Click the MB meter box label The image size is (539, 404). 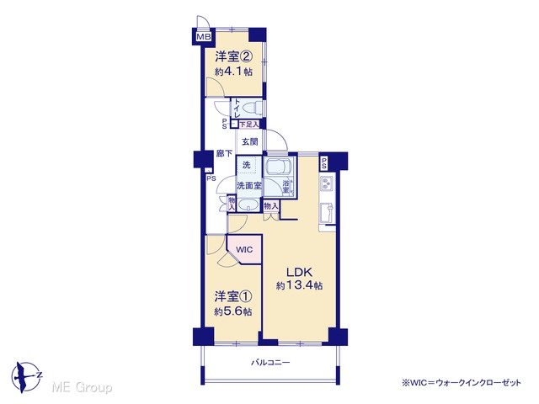pyautogui.click(x=204, y=36)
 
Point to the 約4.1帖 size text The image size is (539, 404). pyautogui.click(x=234, y=72)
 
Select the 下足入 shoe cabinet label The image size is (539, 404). pyautogui.click(x=249, y=125)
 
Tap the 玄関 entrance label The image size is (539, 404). pyautogui.click(x=250, y=141)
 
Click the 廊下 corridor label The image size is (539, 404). pyautogui.click(x=225, y=153)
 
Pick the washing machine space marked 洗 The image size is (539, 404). pyautogui.click(x=247, y=165)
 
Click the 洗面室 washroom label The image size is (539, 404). pyautogui.click(x=249, y=186)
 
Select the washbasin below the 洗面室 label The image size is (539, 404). pyautogui.click(x=248, y=205)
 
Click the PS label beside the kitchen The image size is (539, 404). pyautogui.click(x=324, y=163)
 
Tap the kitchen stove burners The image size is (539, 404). pyautogui.click(x=327, y=183)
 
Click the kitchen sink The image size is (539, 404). pyautogui.click(x=327, y=213)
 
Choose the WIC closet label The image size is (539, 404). pyautogui.click(x=244, y=249)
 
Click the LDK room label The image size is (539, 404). pyautogui.click(x=300, y=273)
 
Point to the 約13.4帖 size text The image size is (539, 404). pyautogui.click(x=299, y=285)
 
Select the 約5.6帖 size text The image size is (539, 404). pyautogui.click(x=233, y=311)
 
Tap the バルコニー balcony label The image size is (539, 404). pyautogui.click(x=270, y=363)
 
